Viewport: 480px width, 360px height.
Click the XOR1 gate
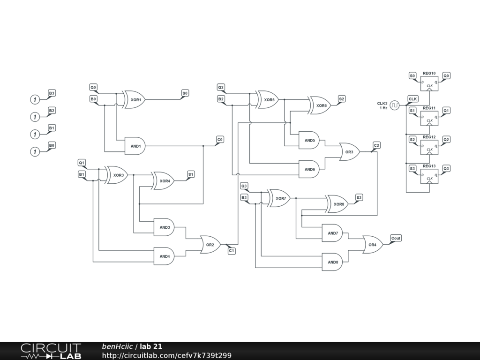135,100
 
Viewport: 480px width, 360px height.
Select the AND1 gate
135,146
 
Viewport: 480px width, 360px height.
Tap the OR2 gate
210,245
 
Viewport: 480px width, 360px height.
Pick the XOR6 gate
320,105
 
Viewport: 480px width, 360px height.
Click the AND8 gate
332,262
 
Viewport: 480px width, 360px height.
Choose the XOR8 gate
338,204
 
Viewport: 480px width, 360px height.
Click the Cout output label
396,238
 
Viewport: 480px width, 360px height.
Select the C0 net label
220,140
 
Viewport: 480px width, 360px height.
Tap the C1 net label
232,251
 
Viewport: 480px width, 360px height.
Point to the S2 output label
342,99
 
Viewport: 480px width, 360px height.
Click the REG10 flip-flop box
429,83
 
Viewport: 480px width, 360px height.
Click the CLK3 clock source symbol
395,105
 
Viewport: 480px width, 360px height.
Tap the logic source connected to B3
34,99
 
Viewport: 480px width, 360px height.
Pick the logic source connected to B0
34,151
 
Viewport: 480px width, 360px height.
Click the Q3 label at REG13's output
446,168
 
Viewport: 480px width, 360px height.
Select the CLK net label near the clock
413,99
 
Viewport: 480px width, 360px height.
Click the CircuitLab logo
51,351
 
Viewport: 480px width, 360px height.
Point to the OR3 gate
349,152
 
